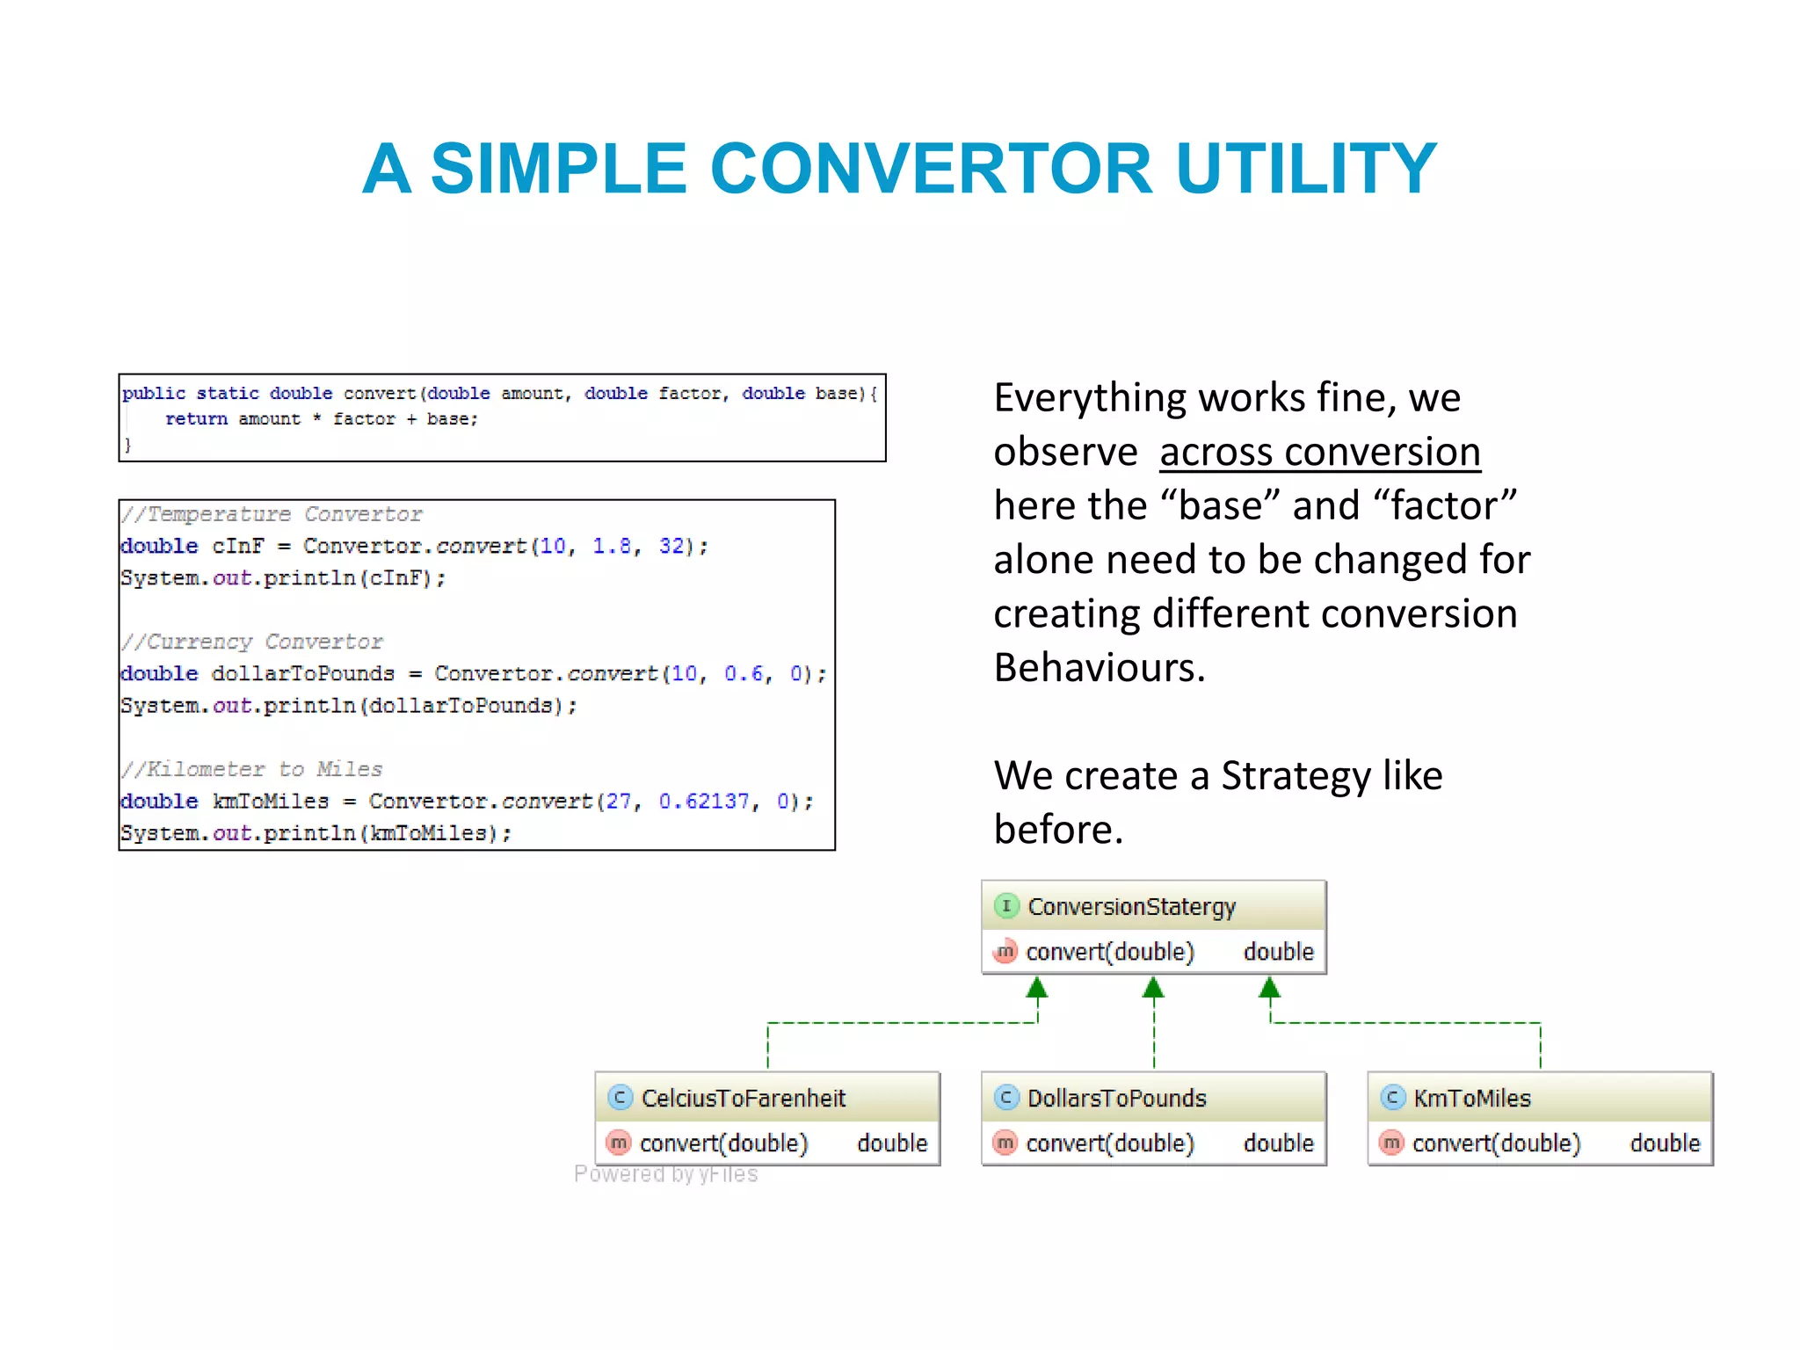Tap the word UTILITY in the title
1306,169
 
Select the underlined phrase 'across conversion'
1319,453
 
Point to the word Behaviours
1099,669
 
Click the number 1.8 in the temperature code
612,546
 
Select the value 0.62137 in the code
704,802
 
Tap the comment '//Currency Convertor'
252,642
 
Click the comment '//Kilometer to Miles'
252,769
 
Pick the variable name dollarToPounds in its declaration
302,674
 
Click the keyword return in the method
196,419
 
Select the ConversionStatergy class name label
1131,906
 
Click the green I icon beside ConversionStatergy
1006,906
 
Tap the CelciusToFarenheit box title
743,1098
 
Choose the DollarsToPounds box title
1116,1098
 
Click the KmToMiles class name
1472,1098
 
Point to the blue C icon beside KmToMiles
1392,1098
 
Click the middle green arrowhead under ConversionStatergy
1153,989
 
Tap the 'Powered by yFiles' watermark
665,1174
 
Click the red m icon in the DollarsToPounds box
1005,1143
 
